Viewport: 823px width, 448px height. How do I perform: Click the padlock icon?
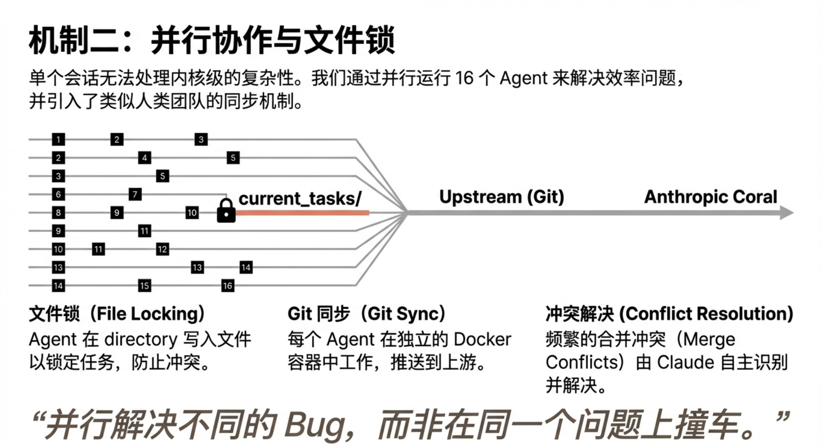pos(226,211)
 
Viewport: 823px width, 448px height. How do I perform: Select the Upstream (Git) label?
pos(502,197)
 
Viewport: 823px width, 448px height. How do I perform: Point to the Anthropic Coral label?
pos(711,197)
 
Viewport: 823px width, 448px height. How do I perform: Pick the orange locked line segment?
pos(302,213)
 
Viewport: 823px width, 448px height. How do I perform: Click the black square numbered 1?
pos(58,139)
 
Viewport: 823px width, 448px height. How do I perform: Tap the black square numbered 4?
pos(144,158)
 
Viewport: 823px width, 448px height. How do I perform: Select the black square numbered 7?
pos(135,194)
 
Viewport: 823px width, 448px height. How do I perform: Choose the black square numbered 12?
pos(162,249)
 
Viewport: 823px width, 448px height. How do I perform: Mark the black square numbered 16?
pos(227,286)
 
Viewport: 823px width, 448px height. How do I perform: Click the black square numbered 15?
pos(144,286)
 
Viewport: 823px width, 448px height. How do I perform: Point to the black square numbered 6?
pos(58,194)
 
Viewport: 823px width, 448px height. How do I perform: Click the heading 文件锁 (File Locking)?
pos(117,314)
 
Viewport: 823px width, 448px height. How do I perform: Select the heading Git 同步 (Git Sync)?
pos(367,314)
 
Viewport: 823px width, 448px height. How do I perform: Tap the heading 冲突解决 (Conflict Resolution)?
pos(669,314)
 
